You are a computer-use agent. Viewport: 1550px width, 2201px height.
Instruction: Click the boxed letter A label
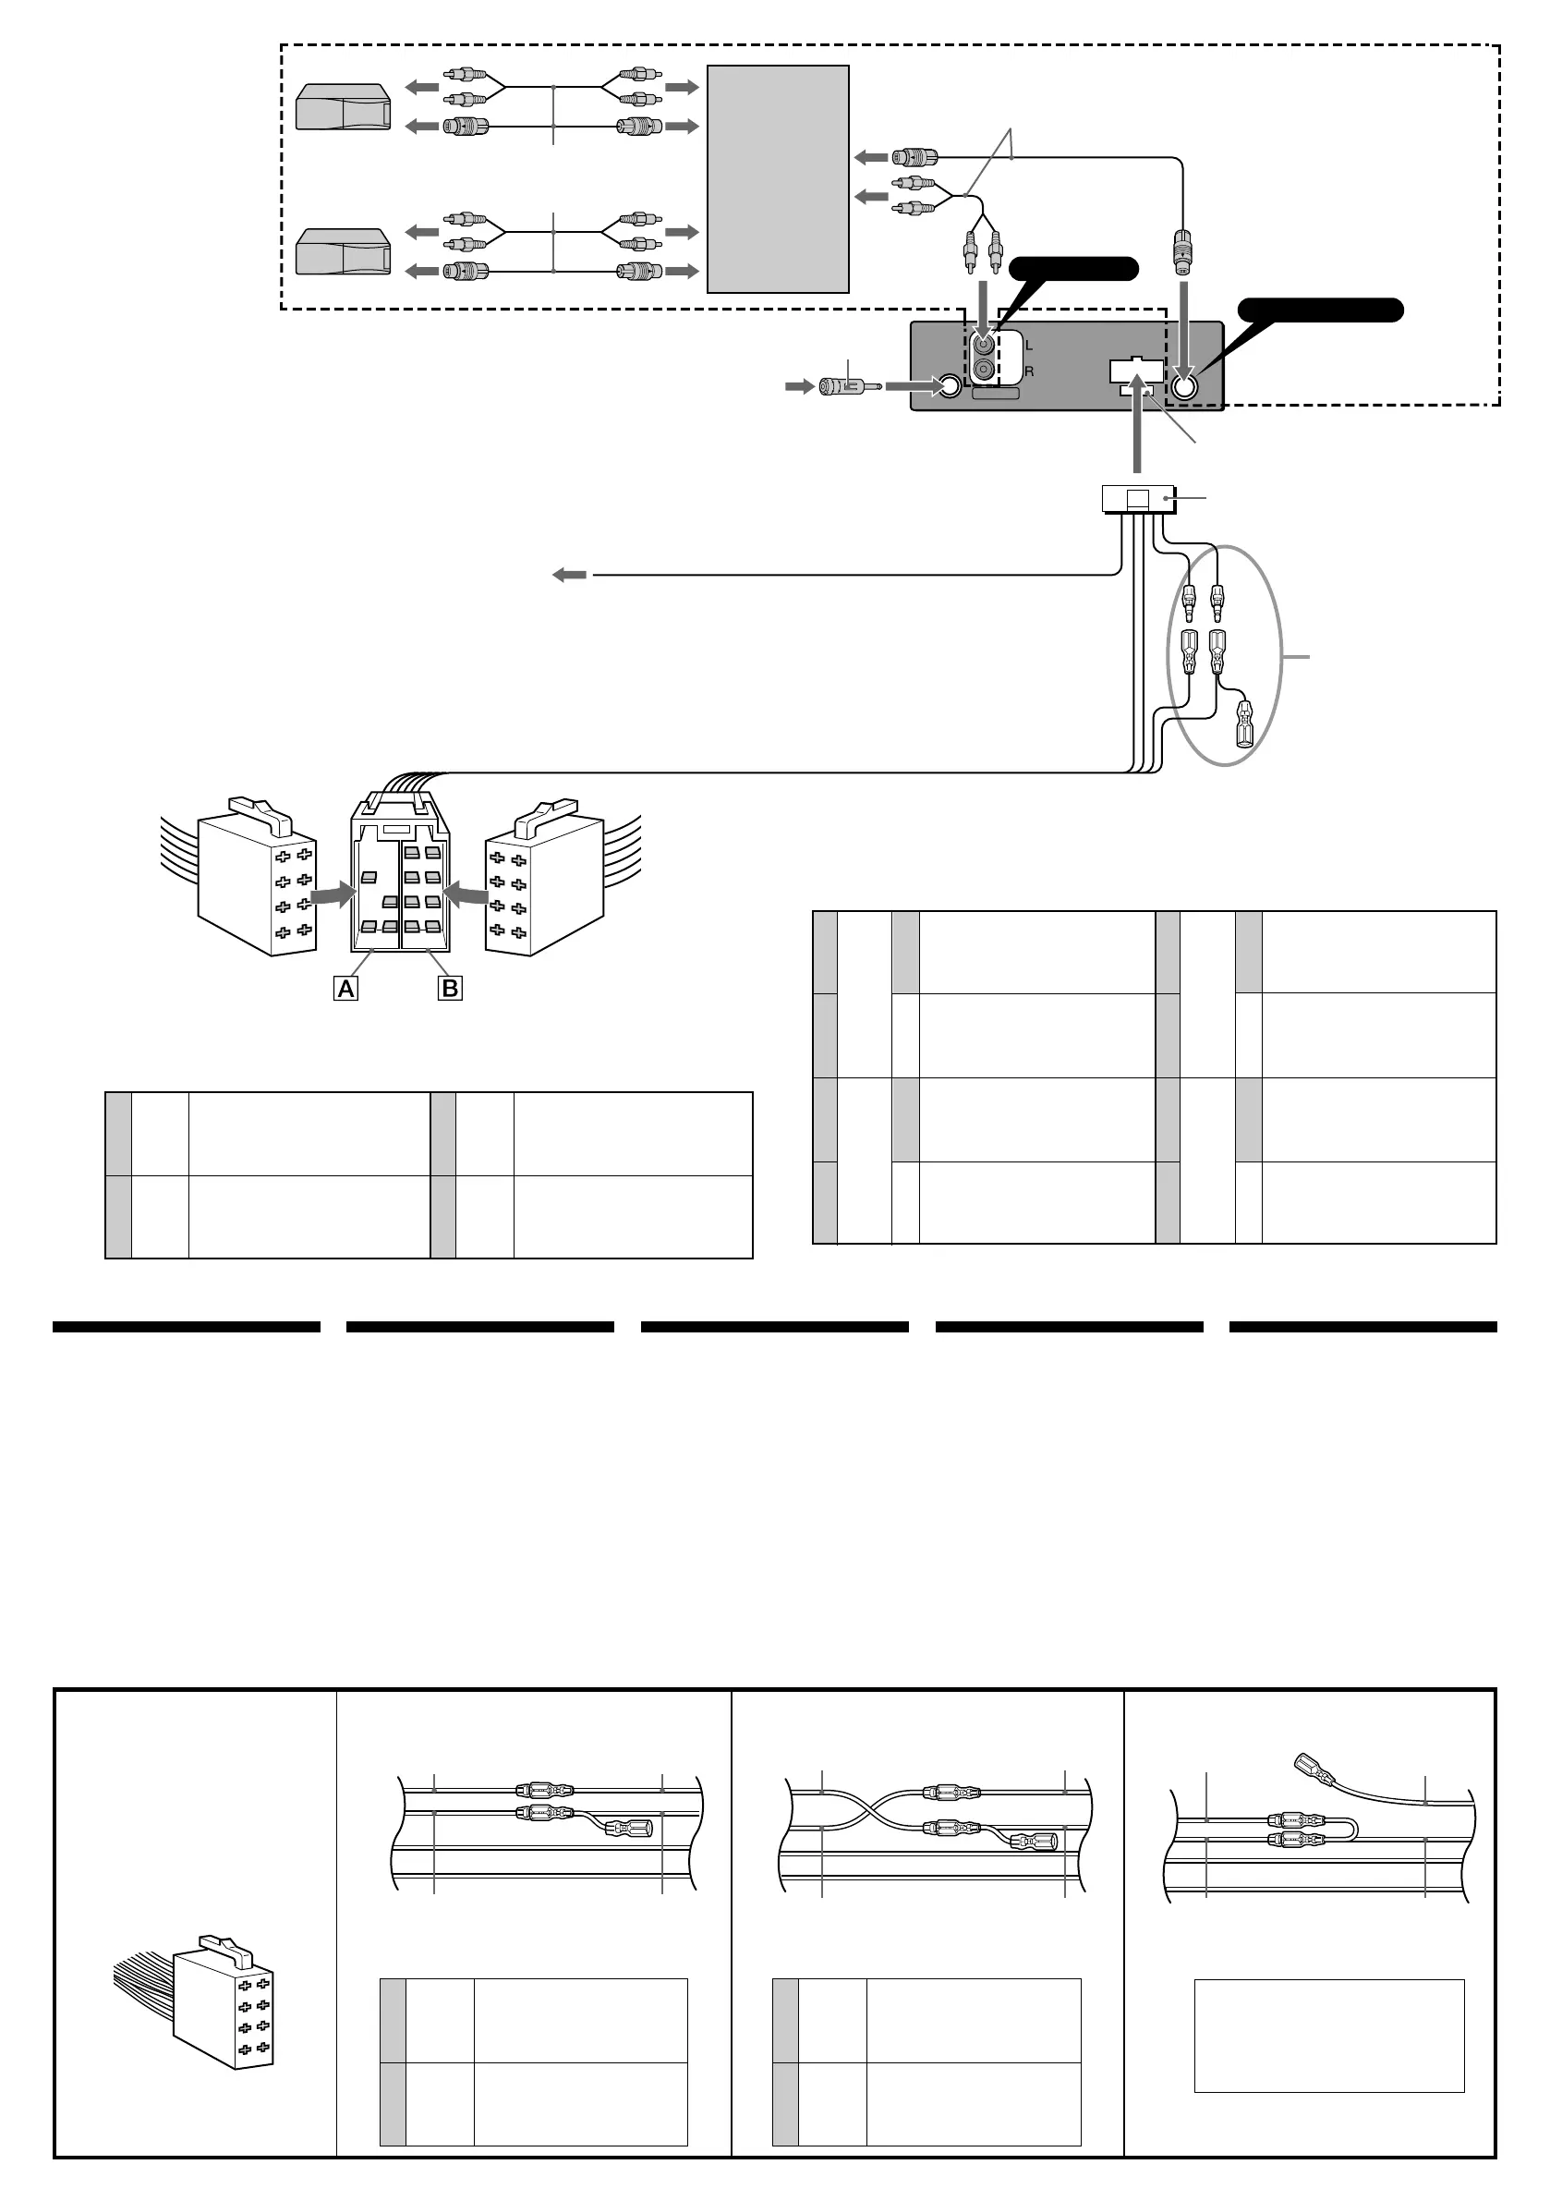pos(346,989)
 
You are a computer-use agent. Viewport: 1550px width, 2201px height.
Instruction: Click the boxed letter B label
pos(449,989)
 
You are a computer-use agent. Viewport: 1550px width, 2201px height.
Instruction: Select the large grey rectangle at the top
pos(778,178)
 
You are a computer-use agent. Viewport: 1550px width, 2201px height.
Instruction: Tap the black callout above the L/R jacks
pos(1073,270)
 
